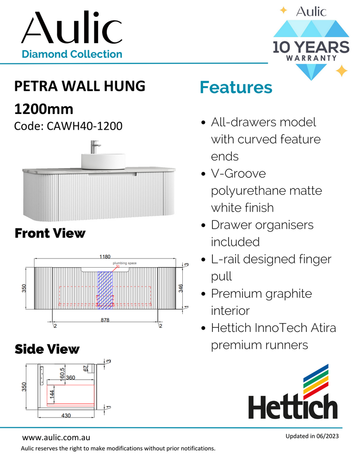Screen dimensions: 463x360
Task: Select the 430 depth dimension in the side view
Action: (66, 415)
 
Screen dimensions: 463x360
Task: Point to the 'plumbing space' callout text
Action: (127, 263)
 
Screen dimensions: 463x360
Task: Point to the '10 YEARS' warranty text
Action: (310, 47)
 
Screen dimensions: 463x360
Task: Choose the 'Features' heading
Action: (236, 87)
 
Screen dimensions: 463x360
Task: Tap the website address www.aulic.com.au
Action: (56, 437)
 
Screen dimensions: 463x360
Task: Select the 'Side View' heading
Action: (47, 349)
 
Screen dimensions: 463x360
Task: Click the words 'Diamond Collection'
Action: (72, 54)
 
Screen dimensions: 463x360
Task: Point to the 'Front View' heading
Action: (50, 233)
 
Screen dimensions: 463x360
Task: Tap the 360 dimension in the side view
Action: (71, 378)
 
